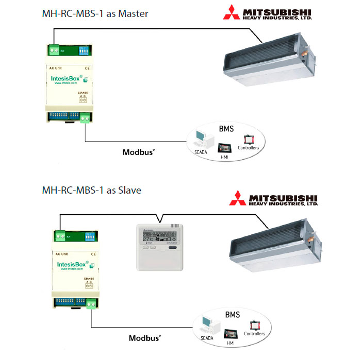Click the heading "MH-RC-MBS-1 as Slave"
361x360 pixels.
[x=91, y=190]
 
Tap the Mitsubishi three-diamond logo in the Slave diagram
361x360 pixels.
[x=238, y=198]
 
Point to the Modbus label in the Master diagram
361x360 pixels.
[x=139, y=152]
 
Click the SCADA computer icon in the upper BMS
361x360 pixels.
[x=201, y=138]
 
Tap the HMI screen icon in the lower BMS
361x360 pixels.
[x=231, y=329]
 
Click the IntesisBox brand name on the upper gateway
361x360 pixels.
[x=66, y=78]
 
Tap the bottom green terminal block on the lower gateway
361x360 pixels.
[x=91, y=304]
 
